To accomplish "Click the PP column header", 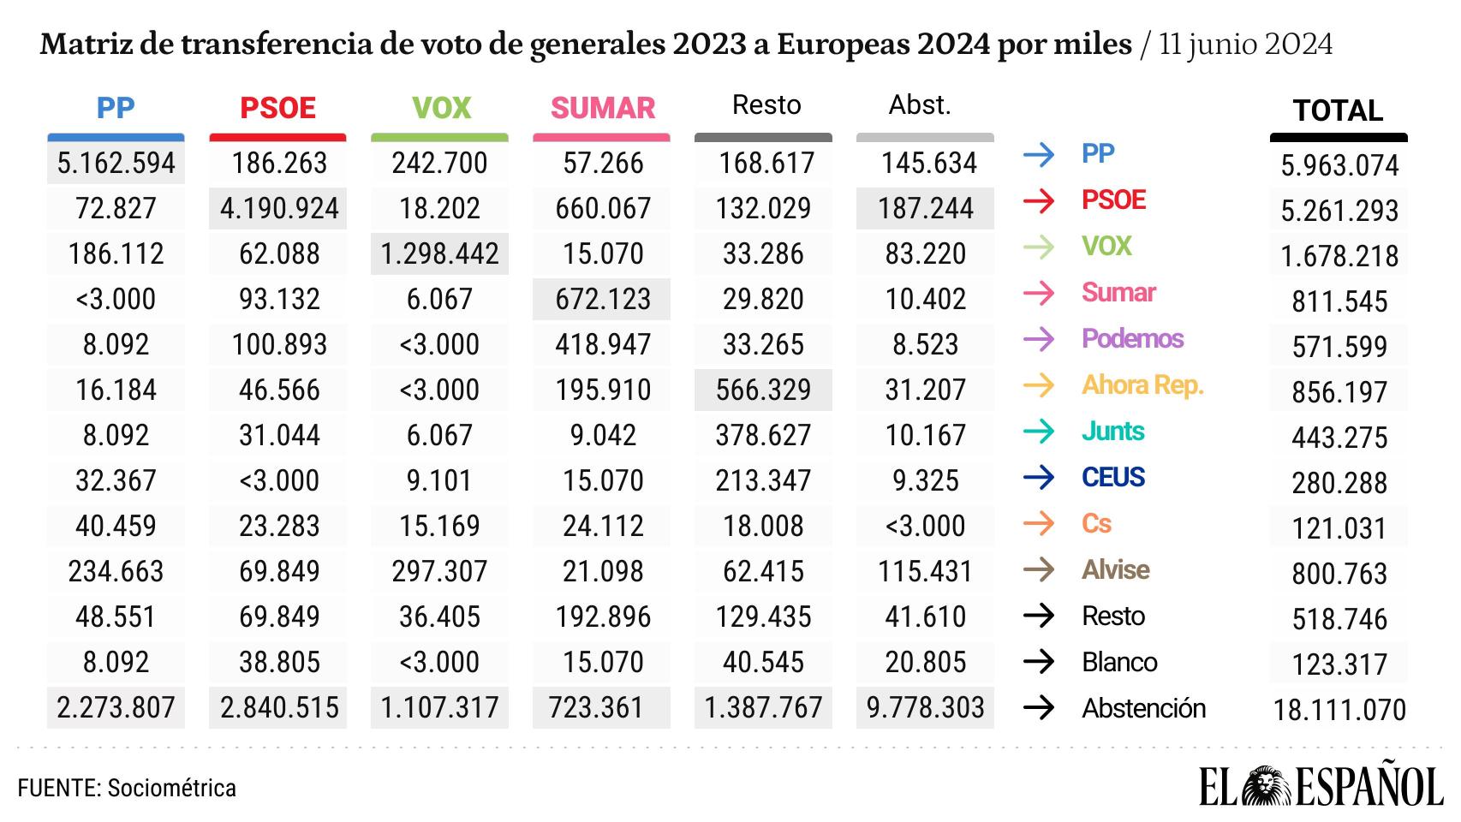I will [x=116, y=108].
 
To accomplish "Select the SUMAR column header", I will [x=602, y=108].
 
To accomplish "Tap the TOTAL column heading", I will [x=1338, y=110].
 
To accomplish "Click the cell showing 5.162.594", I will [x=116, y=163].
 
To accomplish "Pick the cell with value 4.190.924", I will [x=278, y=208].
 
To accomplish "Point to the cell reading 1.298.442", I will [x=439, y=253].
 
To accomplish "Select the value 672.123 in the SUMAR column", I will [x=602, y=299].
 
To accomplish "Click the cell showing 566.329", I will [x=763, y=390].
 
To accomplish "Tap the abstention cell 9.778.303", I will [x=925, y=707].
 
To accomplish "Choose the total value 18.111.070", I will [x=1339, y=710].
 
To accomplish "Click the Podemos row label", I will [x=1132, y=338].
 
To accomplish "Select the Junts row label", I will [x=1112, y=431].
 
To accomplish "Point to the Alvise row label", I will [x=1115, y=569].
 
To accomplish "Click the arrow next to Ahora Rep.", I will [x=1039, y=385].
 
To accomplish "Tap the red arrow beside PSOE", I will [x=1039, y=200].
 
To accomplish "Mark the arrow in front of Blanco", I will [x=1039, y=662].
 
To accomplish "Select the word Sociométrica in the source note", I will [x=171, y=788].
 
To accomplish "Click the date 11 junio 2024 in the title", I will [x=1245, y=45].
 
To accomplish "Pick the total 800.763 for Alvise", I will [x=1339, y=574].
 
